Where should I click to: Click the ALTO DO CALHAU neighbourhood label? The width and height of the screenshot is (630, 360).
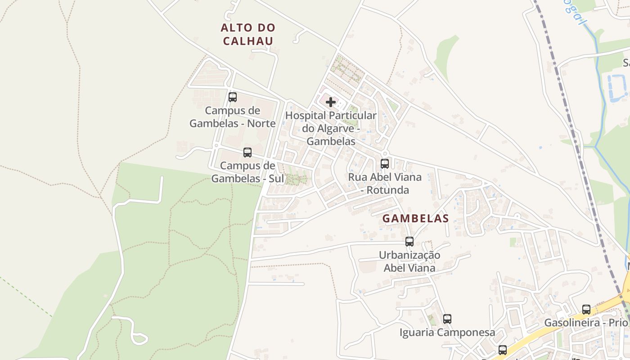coord(248,34)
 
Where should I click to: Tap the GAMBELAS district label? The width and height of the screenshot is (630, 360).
coord(415,218)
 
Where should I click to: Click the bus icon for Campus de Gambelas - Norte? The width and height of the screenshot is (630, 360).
coord(233,97)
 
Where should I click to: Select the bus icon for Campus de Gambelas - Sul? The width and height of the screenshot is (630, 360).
coord(247,152)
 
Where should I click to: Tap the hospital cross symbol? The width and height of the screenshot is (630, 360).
coord(331,102)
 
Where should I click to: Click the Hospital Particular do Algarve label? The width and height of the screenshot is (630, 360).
coord(331,128)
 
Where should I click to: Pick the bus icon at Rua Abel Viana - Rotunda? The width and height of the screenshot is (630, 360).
coord(385,163)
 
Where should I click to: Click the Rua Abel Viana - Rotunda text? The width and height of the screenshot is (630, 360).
coord(385,183)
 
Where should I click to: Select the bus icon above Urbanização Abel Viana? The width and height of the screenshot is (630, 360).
coord(409,242)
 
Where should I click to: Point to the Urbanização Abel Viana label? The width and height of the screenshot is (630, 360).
coord(409,261)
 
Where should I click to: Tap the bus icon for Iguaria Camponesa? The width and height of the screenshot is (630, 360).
coord(447,319)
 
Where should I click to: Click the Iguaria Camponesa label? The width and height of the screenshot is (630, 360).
coord(447,333)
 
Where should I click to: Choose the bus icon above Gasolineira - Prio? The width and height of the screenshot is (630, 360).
coord(586,309)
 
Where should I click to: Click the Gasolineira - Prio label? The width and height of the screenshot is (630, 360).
coord(585,323)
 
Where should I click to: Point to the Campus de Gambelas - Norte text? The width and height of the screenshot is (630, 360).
coord(232,117)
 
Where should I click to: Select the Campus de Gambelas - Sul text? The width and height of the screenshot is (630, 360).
coord(247,172)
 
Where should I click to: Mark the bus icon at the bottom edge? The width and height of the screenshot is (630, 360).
coord(503,350)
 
